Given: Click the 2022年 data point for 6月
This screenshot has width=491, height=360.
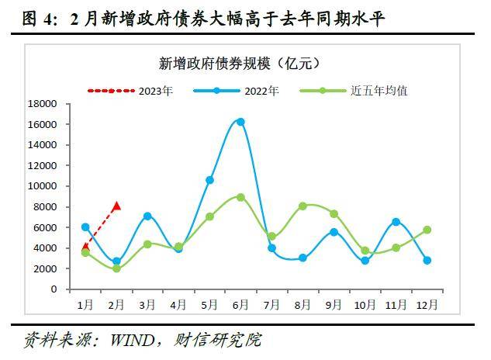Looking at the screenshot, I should pyautogui.click(x=240, y=122).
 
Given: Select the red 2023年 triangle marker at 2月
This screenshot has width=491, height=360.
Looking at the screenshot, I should pyautogui.click(x=116, y=206).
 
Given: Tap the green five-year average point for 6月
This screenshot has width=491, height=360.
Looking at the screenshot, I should pyautogui.click(x=240, y=197).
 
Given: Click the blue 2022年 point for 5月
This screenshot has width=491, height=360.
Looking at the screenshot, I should pyautogui.click(x=209, y=180).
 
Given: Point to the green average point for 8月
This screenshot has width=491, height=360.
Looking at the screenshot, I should pyautogui.click(x=303, y=206).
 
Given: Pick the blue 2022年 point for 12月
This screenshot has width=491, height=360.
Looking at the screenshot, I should pyautogui.click(x=427, y=260).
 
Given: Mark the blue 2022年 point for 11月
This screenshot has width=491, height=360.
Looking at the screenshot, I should pyautogui.click(x=396, y=222).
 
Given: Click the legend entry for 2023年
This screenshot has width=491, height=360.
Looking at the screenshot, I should pyautogui.click(x=155, y=91).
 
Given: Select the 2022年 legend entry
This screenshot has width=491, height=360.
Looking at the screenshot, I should pyautogui.click(x=261, y=91).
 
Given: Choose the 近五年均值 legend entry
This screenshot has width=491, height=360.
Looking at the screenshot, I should pyautogui.click(x=379, y=91).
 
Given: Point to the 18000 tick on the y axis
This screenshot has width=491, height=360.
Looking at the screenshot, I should pyautogui.click(x=43, y=104).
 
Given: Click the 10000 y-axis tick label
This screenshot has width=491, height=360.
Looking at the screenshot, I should pyautogui.click(x=43, y=186).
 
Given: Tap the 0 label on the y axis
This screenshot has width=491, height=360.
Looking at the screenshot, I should pyautogui.click(x=54, y=289).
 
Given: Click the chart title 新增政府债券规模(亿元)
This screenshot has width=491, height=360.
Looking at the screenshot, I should pyautogui.click(x=238, y=62).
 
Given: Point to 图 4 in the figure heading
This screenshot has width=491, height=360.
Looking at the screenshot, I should pyautogui.click(x=28, y=16).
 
